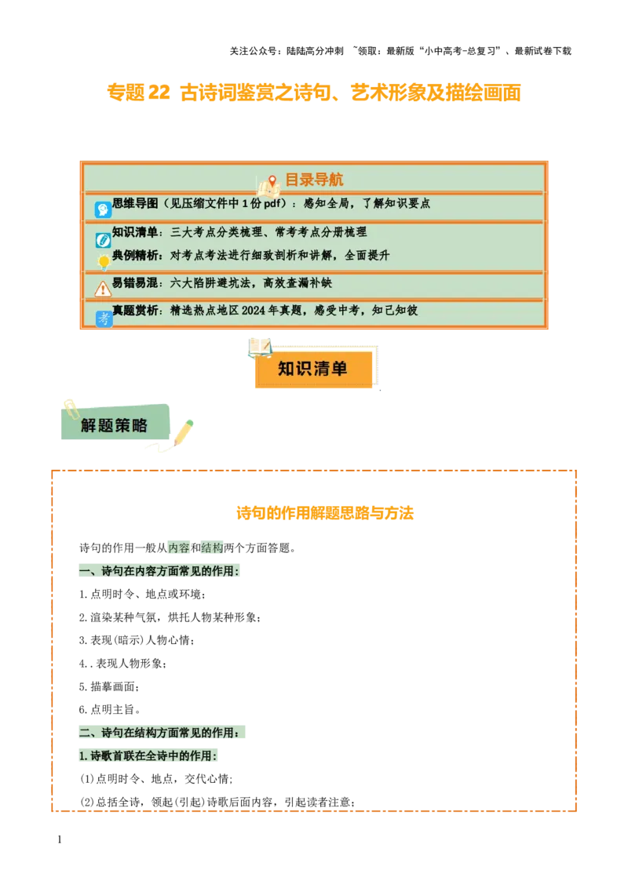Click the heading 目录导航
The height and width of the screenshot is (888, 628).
tap(313, 180)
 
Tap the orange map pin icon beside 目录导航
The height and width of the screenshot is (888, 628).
tap(272, 181)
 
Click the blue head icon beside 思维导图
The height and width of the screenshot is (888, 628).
tap(103, 209)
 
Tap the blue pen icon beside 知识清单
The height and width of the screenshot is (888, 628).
tap(103, 240)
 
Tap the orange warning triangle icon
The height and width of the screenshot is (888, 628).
tap(103, 289)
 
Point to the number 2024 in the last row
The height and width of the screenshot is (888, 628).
tap(255, 310)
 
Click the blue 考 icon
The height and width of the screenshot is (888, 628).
tap(104, 318)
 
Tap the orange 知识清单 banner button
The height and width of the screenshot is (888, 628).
tap(313, 369)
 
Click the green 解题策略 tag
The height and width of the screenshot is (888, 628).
tap(115, 426)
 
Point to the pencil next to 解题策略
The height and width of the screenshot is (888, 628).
tap(184, 431)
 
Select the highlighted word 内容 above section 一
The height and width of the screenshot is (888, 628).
tap(179, 548)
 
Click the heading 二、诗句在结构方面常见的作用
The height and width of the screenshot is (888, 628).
tap(163, 733)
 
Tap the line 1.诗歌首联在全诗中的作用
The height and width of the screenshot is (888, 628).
tap(148, 756)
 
